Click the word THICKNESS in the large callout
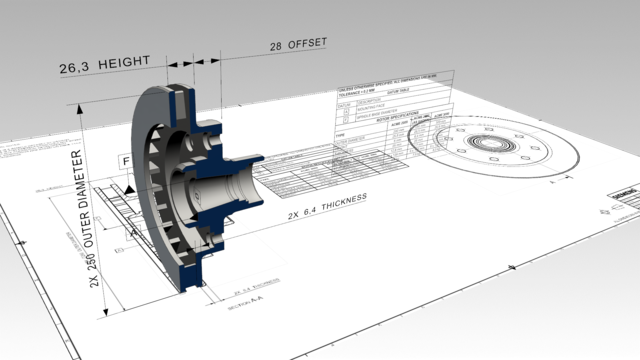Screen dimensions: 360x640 click(x=335, y=201)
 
